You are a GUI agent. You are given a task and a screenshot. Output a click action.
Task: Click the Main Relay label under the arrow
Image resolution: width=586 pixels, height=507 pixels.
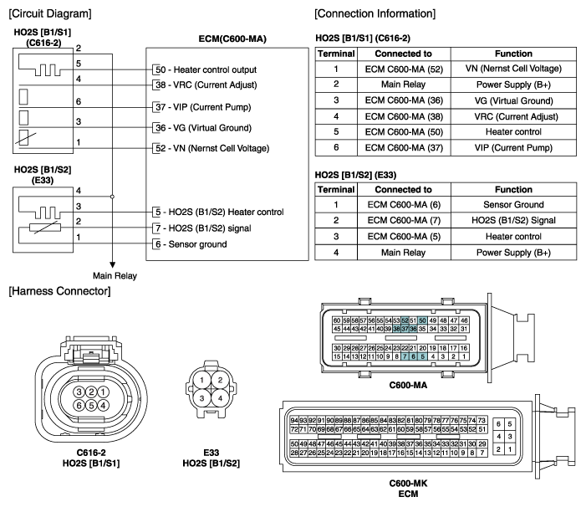(x=115, y=276)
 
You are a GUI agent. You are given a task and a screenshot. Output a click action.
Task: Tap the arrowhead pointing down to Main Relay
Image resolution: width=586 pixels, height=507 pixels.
(x=112, y=265)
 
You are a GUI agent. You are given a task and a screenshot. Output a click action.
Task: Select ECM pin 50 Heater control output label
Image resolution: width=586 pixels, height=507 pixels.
(x=206, y=70)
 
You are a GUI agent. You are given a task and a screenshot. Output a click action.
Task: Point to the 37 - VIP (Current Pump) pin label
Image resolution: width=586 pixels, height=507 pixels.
(x=203, y=107)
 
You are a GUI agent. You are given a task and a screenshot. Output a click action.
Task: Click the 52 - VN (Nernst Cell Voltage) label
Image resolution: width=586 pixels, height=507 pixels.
(x=212, y=148)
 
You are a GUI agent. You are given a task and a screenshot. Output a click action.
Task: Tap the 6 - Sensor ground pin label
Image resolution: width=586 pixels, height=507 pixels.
(x=191, y=244)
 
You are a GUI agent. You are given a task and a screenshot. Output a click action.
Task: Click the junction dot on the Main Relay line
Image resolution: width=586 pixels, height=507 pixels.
(x=112, y=197)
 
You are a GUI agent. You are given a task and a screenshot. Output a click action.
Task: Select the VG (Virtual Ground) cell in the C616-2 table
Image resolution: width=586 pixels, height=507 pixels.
(x=513, y=100)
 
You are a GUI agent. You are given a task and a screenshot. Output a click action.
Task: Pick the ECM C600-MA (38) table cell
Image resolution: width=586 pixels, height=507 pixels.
(x=404, y=116)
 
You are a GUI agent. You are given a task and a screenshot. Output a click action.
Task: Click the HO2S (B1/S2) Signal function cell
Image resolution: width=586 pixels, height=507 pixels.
(x=513, y=220)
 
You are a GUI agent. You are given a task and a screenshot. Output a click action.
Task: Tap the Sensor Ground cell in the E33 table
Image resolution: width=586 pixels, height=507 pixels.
(x=513, y=204)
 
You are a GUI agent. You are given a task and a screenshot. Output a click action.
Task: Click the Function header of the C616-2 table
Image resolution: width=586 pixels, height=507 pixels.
(x=513, y=54)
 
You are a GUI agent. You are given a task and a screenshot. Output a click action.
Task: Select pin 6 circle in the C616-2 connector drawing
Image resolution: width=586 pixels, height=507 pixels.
(x=79, y=405)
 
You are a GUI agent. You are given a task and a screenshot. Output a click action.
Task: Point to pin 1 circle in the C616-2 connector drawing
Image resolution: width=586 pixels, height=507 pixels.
(x=103, y=392)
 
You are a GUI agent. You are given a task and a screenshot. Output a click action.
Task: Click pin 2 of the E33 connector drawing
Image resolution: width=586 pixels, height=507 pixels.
(x=220, y=380)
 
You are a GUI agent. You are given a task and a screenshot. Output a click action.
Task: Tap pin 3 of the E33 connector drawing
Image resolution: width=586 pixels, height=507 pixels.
(x=201, y=398)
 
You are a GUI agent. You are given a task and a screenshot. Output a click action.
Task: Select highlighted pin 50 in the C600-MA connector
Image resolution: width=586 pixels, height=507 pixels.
(x=422, y=320)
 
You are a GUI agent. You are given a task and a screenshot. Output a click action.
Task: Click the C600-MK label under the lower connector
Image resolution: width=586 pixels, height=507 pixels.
(x=408, y=484)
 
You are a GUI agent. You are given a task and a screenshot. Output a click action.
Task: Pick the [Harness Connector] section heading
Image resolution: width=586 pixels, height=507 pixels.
(x=60, y=291)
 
